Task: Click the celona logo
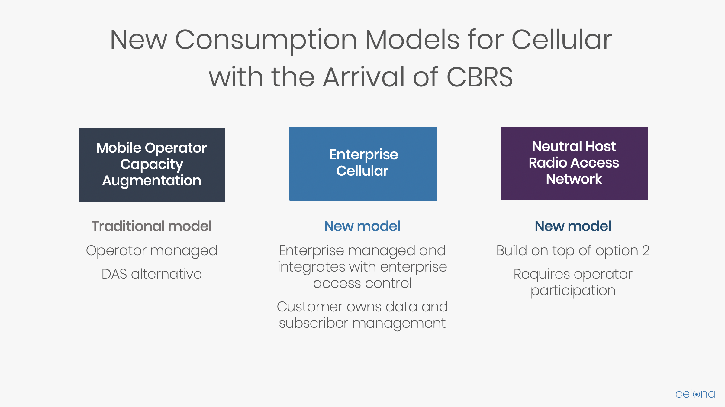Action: [x=695, y=394]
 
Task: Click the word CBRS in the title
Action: [x=479, y=77]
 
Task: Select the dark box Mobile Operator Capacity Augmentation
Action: [x=152, y=165]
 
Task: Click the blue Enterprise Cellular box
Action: [x=363, y=164]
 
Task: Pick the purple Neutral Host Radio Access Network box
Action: [x=574, y=163]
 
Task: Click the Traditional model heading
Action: [x=152, y=226]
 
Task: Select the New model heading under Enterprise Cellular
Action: [x=362, y=226]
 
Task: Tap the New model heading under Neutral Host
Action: [x=573, y=226]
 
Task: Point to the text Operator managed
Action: [x=152, y=251]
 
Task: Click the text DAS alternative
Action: [x=152, y=274]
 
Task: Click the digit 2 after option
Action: [x=646, y=250]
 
